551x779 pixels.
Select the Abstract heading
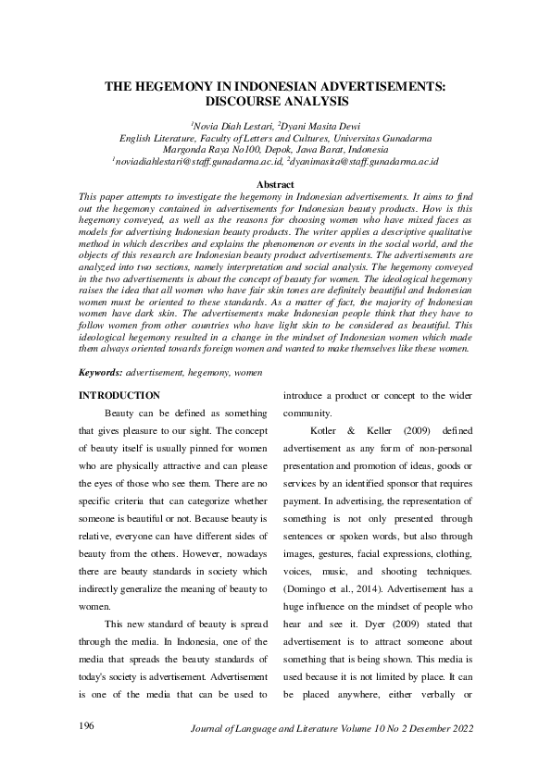(275, 185)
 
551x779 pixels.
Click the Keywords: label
(101, 371)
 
